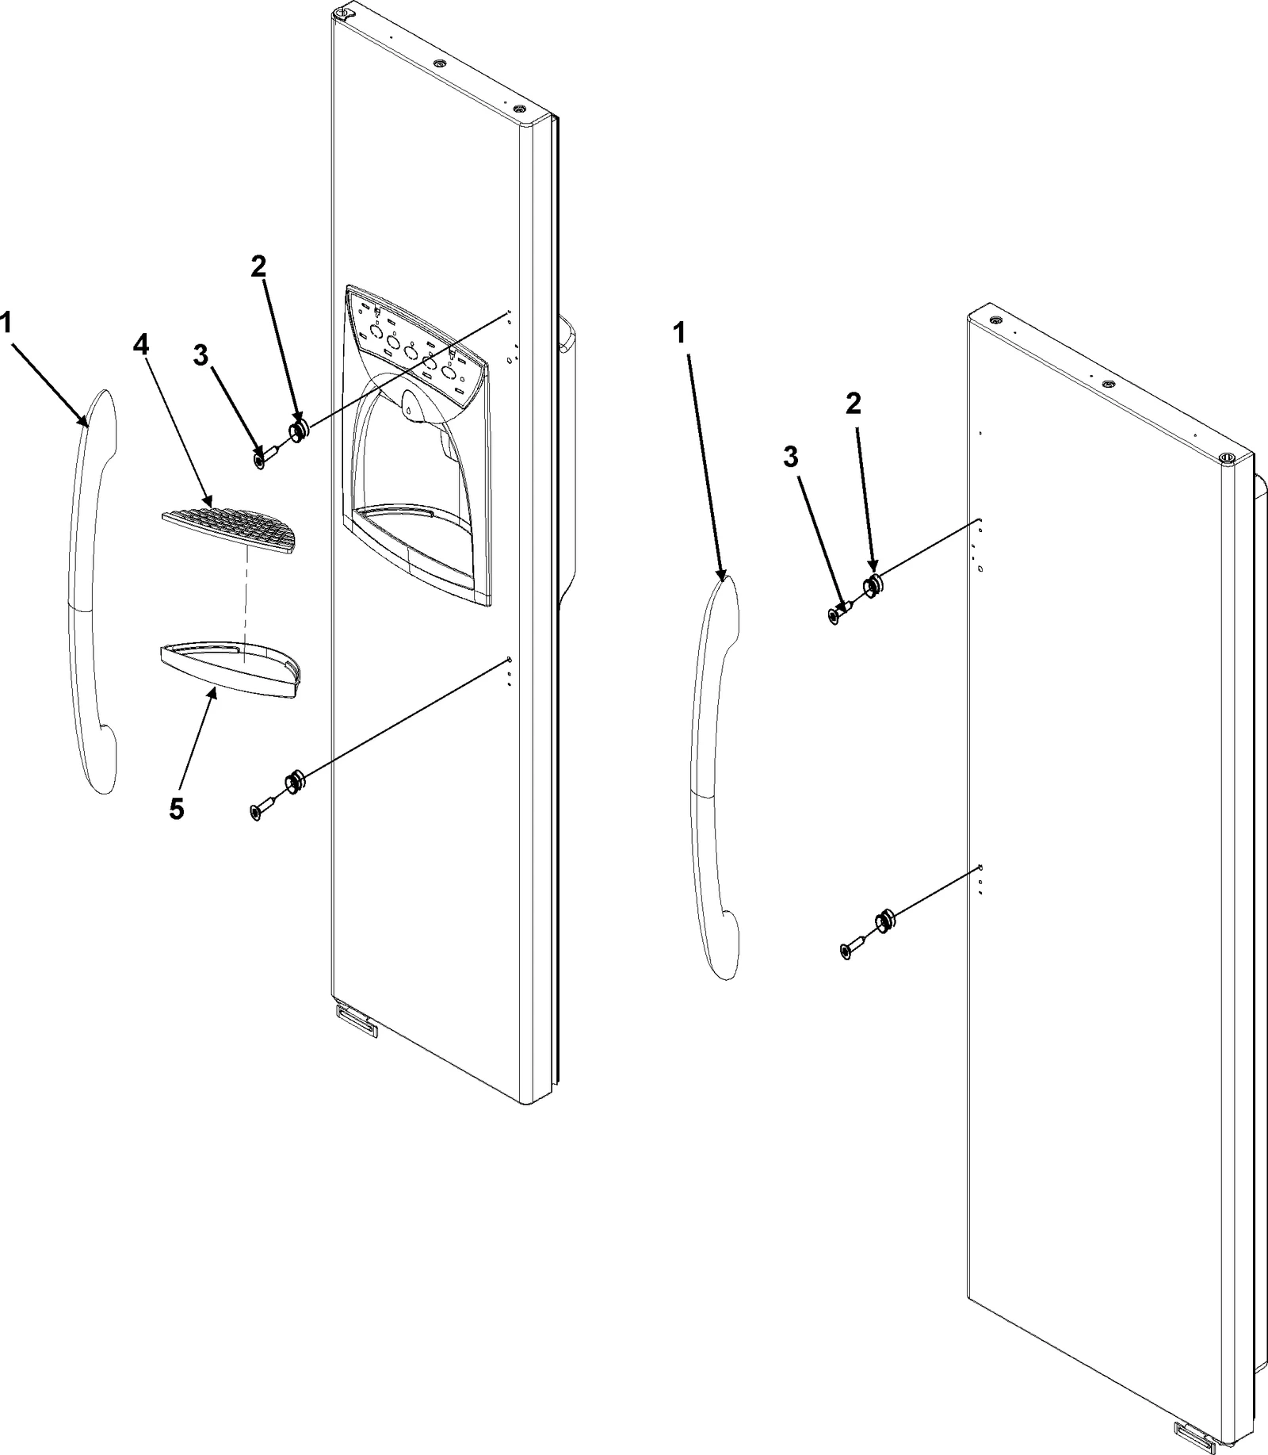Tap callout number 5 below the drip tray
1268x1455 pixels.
pos(176,809)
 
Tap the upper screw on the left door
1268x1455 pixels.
pos(262,458)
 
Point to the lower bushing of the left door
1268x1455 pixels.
pos(294,783)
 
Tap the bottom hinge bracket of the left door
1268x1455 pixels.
pos(357,1020)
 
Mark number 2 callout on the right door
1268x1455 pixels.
pos(853,404)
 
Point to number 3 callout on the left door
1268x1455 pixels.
pos(201,356)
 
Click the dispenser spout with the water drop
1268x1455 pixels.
pos(408,405)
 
